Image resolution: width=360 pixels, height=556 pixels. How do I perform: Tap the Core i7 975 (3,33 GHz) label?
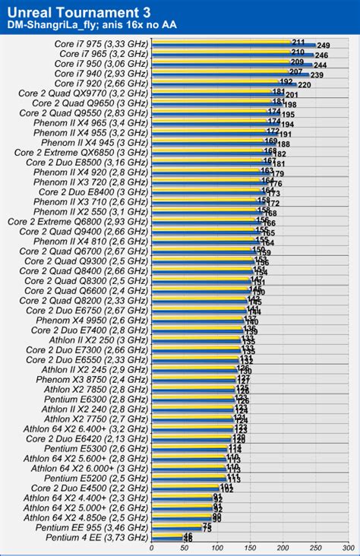101,43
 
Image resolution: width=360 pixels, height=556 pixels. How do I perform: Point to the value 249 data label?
323,46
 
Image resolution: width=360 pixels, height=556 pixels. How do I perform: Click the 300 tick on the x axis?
346,547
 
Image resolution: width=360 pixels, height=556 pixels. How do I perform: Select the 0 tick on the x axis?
152,547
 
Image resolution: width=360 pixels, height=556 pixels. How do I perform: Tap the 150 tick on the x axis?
249,547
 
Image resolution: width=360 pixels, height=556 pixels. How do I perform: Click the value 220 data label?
304,85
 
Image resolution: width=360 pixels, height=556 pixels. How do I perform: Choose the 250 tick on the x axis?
314,547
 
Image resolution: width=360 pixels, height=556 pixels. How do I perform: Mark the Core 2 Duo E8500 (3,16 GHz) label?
90,162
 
